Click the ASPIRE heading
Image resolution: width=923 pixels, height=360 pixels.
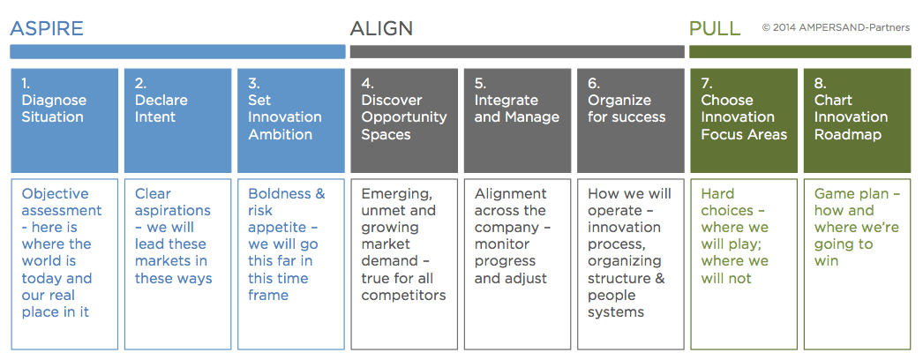coord(47,28)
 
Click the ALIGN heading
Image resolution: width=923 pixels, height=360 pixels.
coord(381,28)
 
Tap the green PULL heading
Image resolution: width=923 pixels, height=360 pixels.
coord(715,28)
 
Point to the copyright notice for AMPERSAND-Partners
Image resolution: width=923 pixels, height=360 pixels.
coord(836,27)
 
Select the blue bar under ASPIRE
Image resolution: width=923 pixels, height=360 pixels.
coord(177,52)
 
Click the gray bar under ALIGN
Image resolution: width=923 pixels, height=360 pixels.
coord(517,52)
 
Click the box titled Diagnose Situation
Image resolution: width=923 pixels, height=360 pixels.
coord(64,121)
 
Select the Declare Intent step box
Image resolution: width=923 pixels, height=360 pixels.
coord(177,121)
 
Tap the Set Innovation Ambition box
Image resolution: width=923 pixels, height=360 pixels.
coord(291,121)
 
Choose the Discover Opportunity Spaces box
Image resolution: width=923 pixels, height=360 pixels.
coord(404,121)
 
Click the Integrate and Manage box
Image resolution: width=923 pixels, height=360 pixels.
coord(517,121)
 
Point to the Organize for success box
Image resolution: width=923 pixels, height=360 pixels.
coord(630,121)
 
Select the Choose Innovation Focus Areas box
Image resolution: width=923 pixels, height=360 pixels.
coord(744,121)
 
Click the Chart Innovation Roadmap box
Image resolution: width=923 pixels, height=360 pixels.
coord(858,121)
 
